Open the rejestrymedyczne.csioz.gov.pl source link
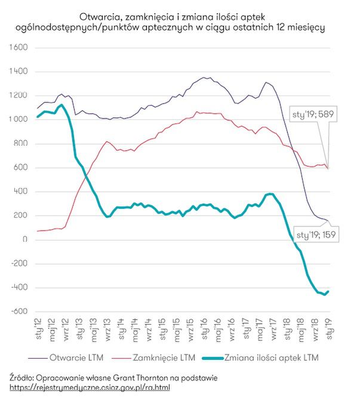point(90,387)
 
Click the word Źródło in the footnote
point(21,377)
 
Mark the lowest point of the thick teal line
point(324,295)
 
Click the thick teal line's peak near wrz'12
point(62,105)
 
